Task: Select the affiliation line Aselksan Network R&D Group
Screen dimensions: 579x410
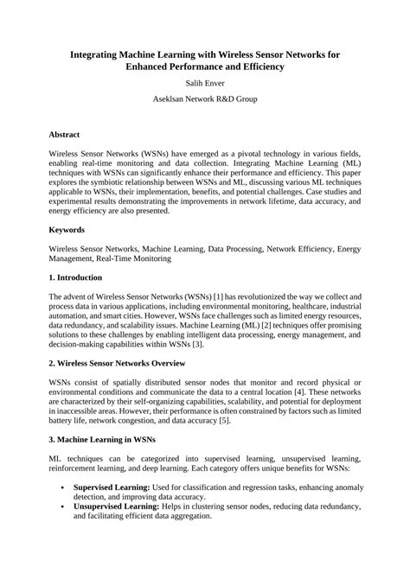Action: tap(204, 100)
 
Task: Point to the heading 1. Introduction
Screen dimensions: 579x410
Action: tap(75, 277)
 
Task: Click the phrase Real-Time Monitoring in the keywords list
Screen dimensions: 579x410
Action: tap(133, 258)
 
